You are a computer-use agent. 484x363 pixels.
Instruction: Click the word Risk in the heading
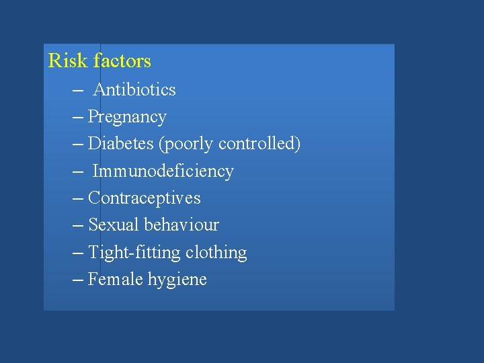point(68,61)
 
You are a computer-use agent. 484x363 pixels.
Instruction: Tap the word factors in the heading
point(122,61)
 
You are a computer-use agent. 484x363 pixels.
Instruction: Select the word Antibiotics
point(134,89)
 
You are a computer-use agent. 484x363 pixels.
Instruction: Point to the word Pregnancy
point(127,118)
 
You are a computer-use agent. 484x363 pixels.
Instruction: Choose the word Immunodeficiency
point(163,171)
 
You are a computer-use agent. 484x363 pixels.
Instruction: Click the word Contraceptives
point(145,198)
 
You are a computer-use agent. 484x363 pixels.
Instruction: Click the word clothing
point(216,253)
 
